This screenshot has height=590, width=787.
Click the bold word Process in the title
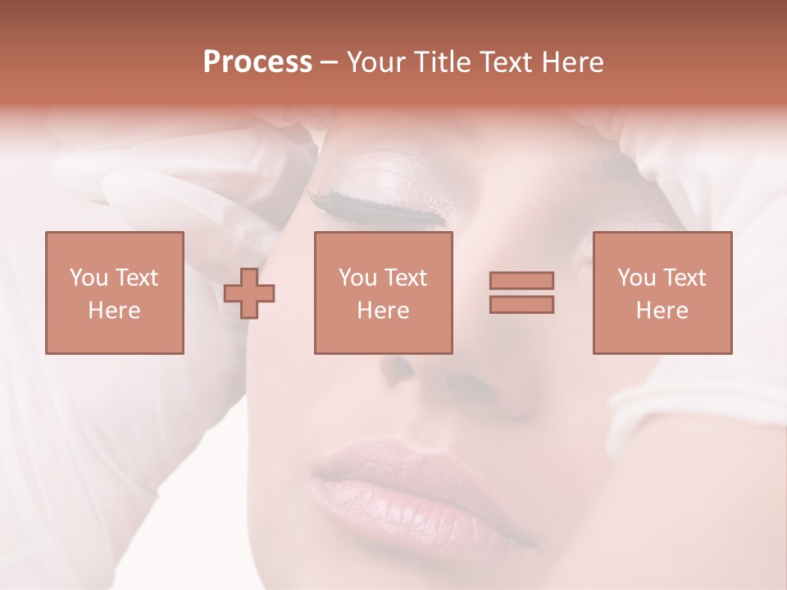coord(257,62)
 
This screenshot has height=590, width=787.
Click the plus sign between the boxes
coord(249,293)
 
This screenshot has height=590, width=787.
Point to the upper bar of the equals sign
coord(521,281)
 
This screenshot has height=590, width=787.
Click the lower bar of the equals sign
coord(521,304)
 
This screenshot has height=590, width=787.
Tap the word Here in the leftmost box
coord(114,311)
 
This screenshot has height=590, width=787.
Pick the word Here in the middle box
coord(383,311)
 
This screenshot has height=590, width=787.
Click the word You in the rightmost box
coord(637,278)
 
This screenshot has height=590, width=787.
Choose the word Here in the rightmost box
coord(662,311)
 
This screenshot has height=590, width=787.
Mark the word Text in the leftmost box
coord(136,278)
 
